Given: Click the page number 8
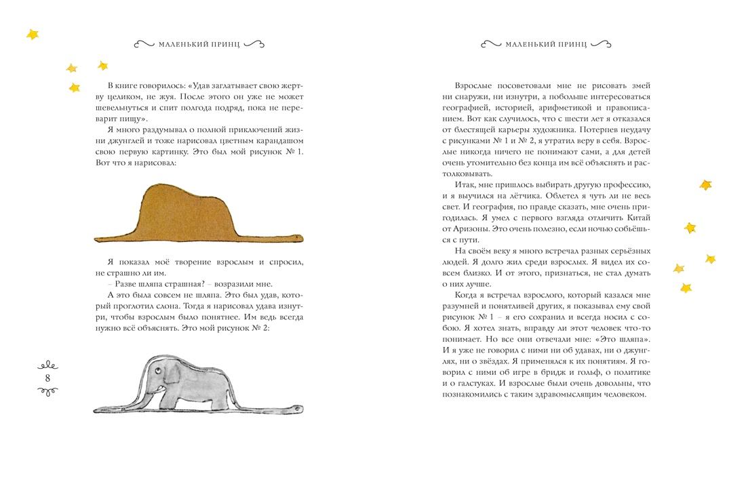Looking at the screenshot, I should tap(47, 377).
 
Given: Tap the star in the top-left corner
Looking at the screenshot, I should tap(32, 34).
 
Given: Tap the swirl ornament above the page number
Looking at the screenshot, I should tap(47, 361).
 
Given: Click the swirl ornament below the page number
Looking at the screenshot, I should tap(47, 392).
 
